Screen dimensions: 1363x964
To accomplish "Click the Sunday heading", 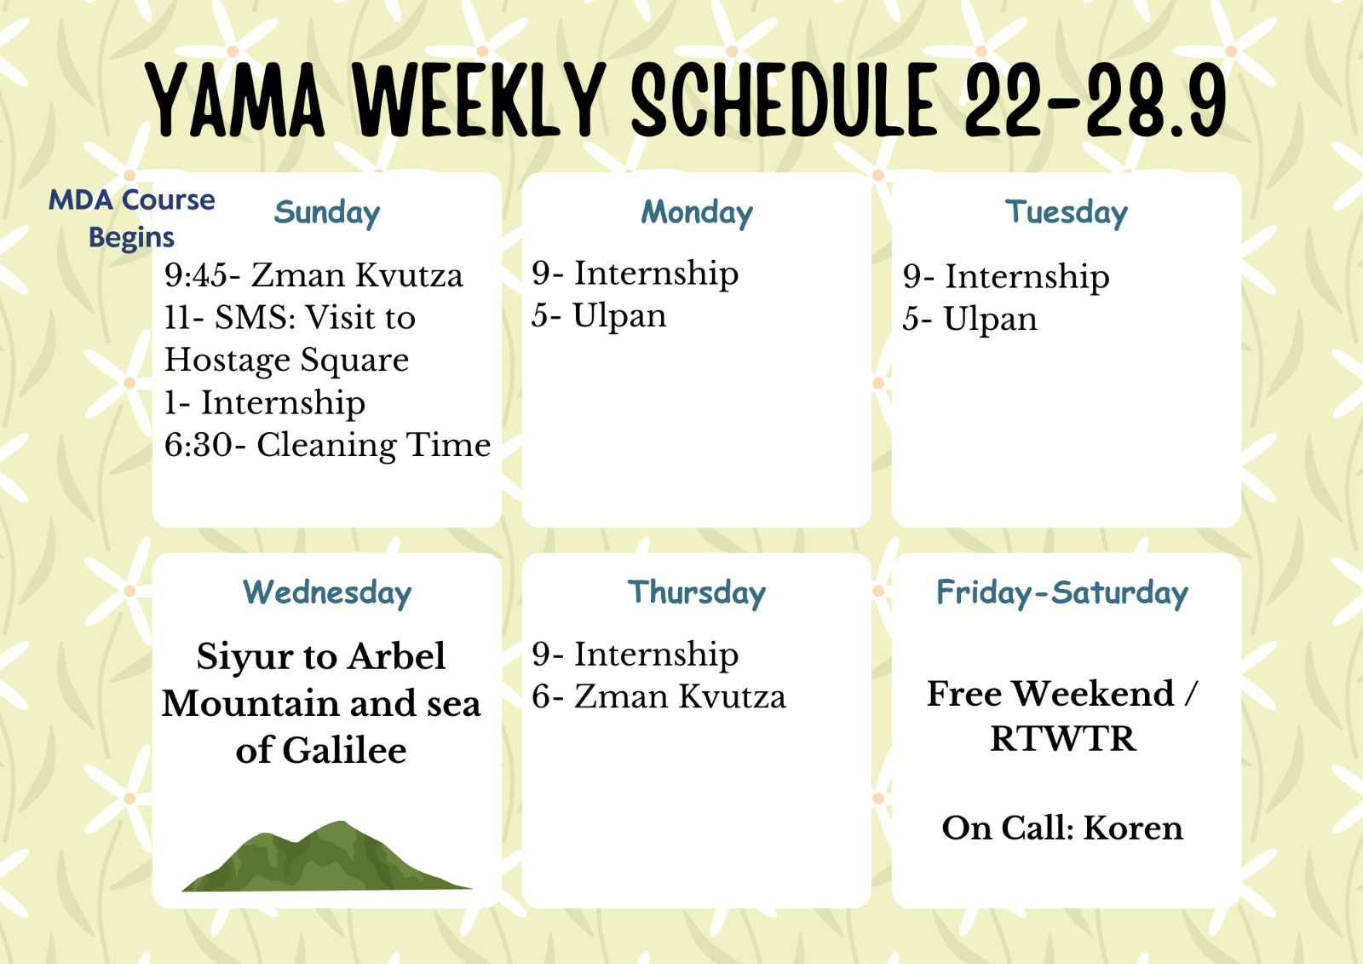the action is coord(327,213).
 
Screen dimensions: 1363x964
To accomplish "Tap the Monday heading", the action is coord(697,213).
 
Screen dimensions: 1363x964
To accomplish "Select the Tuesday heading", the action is coord(1066,213).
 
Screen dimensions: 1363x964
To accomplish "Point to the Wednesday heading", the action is coord(327,593).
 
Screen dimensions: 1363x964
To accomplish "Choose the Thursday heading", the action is coord(697,593).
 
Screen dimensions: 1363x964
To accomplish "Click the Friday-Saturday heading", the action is coord(1061,593).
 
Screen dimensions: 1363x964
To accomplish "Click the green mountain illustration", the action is coord(327,857).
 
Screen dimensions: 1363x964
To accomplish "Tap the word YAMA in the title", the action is coord(235,99).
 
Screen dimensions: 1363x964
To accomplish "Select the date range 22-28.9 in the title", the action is coord(1096,99).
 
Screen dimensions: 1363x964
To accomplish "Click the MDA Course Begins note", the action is coord(131,218).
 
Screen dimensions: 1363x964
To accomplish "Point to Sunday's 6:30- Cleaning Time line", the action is coord(327,445).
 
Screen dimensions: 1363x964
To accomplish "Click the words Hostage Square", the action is coord(286,360).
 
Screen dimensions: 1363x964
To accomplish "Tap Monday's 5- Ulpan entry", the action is coord(599,316).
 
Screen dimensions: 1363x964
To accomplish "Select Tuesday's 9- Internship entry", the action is coord(1006,277).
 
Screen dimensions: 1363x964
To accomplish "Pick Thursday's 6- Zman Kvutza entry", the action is coord(658,696).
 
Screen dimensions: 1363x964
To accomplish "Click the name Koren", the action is coord(1133,828).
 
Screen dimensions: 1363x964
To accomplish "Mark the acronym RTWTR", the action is coord(1062,739).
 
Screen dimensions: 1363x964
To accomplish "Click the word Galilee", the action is coord(344,750).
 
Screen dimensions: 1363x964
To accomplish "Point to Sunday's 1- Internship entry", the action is coord(265,403).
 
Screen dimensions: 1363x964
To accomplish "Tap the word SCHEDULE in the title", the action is coord(785,99).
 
